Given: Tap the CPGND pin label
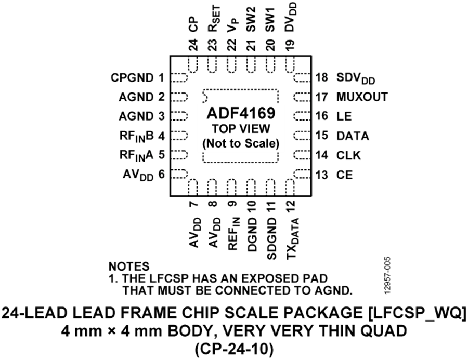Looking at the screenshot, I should tap(132, 78).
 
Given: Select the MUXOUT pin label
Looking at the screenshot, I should tap(362, 97).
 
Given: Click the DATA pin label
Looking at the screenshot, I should tap(353, 136).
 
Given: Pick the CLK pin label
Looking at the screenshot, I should tap(349, 155).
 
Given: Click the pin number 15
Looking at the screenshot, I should tap(322, 136).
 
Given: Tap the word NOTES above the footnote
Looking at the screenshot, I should tap(129, 266).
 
